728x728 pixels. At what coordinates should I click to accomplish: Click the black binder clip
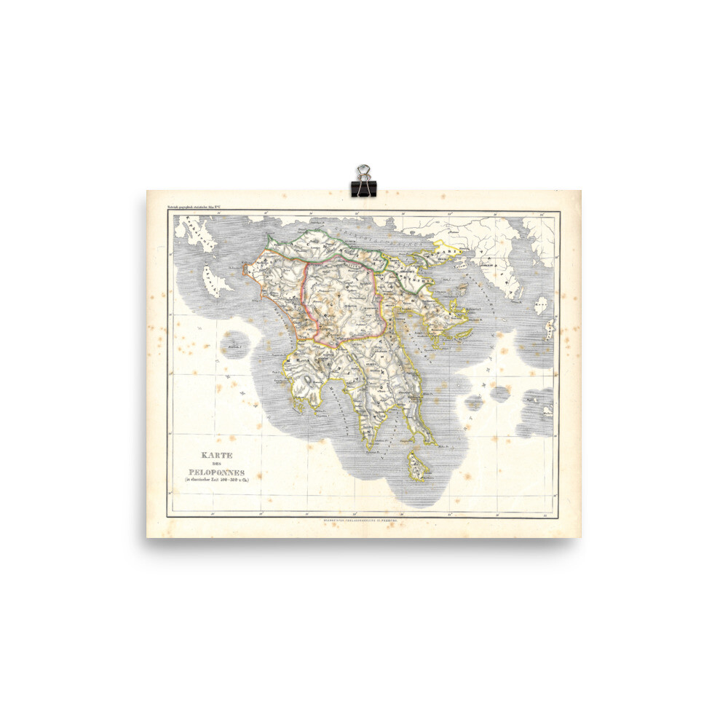pos(362,181)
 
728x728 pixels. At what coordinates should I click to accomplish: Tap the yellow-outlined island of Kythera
pos(417,466)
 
